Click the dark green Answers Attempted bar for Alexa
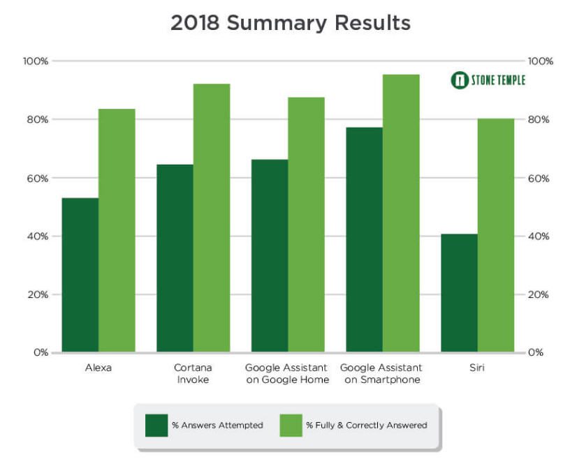pyautogui.click(x=80, y=275)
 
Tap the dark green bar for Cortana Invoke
pyautogui.click(x=175, y=258)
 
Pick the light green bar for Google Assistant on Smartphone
pyautogui.click(x=401, y=213)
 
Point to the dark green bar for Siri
pyautogui.click(x=460, y=293)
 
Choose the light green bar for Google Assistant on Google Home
pyautogui.click(x=306, y=224)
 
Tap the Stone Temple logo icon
pyautogui.click(x=459, y=80)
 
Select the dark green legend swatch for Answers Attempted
pyautogui.click(x=156, y=425)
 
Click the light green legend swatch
pyautogui.click(x=291, y=425)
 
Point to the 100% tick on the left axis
pyautogui.click(x=36, y=61)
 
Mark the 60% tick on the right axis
pyautogui.click(x=539, y=178)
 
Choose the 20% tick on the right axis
pyautogui.click(x=539, y=294)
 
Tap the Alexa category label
pyautogui.click(x=98, y=367)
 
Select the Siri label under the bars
pyautogui.click(x=478, y=367)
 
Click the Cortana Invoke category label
pyautogui.click(x=193, y=373)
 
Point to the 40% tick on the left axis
pyautogui.click(x=38, y=236)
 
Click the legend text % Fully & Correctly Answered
pyautogui.click(x=366, y=425)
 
